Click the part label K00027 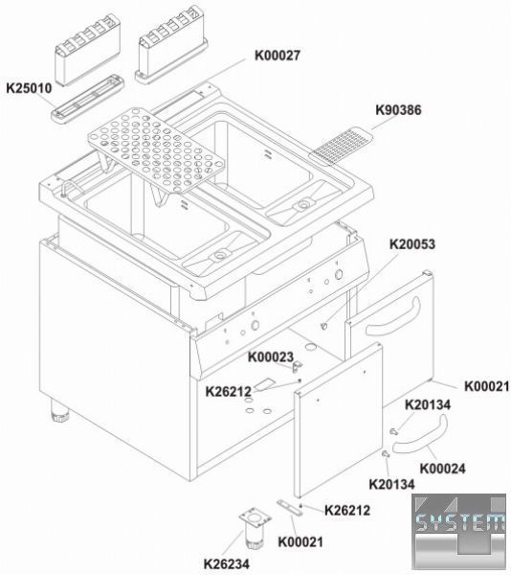(278, 56)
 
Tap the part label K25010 (30, 88)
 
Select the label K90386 (398, 110)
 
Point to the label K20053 (412, 244)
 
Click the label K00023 (271, 356)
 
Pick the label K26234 (227, 563)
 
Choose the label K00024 (442, 469)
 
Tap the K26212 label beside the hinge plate (347, 510)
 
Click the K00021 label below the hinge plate (300, 541)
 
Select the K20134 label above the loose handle (428, 404)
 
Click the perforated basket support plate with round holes (156, 149)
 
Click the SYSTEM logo (460, 531)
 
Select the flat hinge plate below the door (290, 508)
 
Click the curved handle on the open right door (392, 318)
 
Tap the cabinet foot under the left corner (59, 410)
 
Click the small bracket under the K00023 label (298, 366)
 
